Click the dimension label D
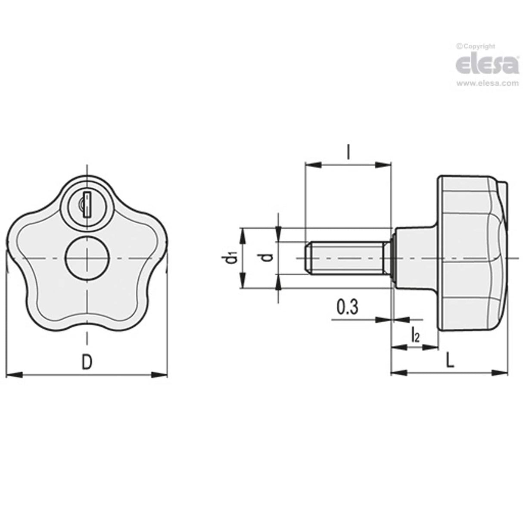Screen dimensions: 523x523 (87, 362)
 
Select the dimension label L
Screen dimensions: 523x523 (450, 360)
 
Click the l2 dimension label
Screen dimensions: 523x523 (415, 335)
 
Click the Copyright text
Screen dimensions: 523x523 (476, 46)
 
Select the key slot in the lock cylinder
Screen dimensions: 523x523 (87, 205)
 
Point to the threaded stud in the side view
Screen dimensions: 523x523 (349, 258)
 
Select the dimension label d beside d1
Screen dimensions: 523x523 (268, 258)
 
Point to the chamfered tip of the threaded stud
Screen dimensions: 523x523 (308, 258)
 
